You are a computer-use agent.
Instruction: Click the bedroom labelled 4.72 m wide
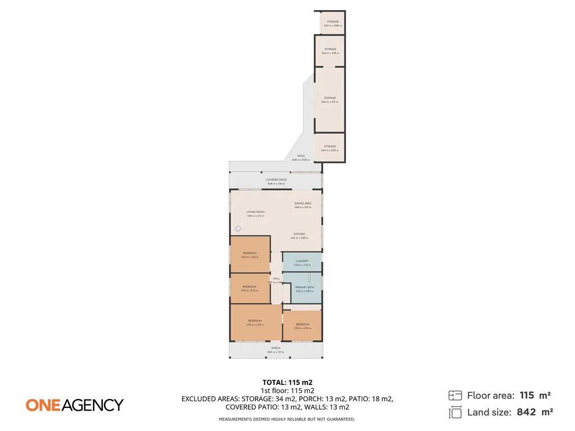click(x=255, y=322)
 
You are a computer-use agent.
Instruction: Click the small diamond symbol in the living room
click(x=238, y=228)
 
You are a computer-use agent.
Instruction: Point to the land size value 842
click(x=526, y=412)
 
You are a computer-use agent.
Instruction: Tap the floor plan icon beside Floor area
click(x=455, y=395)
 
